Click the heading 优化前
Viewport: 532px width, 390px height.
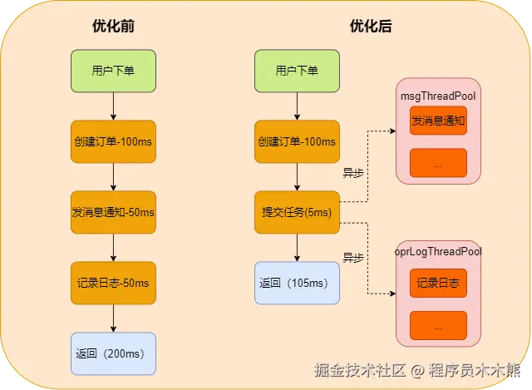(x=113, y=26)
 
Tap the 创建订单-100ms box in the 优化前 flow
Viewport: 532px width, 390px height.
(x=113, y=141)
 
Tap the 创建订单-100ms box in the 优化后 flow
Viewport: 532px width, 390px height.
(x=297, y=141)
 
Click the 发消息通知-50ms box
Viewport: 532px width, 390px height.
(x=113, y=212)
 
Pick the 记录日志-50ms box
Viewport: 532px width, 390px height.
(x=113, y=283)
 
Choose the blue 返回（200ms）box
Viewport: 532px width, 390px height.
(x=113, y=353)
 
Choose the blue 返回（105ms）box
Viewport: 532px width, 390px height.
(x=297, y=283)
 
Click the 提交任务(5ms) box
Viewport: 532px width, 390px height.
(x=297, y=212)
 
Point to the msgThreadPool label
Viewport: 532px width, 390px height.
(x=438, y=97)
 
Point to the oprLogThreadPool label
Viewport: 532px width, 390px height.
(x=438, y=250)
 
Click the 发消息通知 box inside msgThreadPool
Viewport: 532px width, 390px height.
(x=438, y=121)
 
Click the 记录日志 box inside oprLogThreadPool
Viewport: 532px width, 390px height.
(x=438, y=284)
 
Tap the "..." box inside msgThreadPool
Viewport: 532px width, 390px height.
(x=438, y=163)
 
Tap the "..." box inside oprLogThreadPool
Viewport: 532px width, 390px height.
(x=438, y=326)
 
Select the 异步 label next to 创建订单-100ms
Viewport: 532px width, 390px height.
(x=353, y=174)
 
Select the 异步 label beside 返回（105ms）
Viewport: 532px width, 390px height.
(x=353, y=258)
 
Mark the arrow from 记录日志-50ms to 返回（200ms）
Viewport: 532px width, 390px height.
(x=113, y=318)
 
